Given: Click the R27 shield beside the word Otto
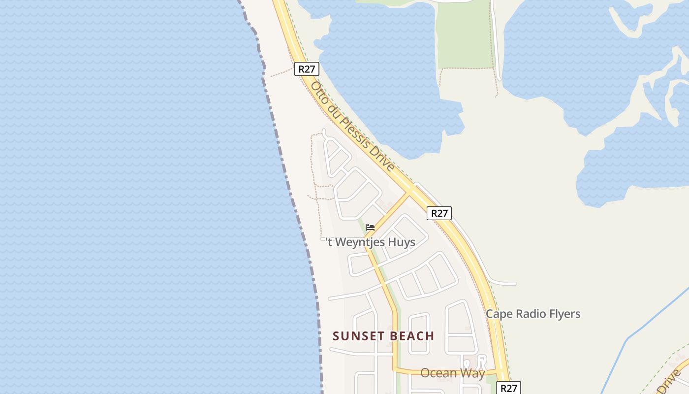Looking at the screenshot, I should (x=306, y=69).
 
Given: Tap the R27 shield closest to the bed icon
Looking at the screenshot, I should (x=439, y=213).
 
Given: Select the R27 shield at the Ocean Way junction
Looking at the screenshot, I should (x=508, y=388).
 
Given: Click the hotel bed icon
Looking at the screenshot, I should (x=370, y=227).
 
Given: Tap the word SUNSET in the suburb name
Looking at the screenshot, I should (x=357, y=336).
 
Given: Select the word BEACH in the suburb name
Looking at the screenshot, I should (x=410, y=336).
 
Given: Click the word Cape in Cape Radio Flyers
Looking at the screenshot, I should (x=498, y=314).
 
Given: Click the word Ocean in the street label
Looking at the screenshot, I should (x=438, y=373).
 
